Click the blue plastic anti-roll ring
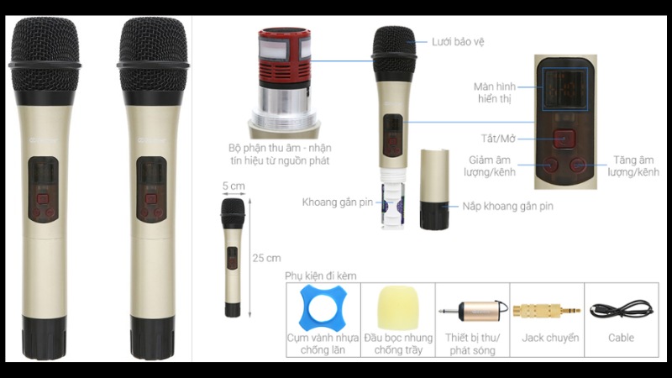point(323,309)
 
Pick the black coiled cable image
point(621,308)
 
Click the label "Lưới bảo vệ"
point(457,41)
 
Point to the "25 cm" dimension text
point(267,257)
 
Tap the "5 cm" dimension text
point(233,186)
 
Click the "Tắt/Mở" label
point(490,136)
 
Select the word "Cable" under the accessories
point(621,338)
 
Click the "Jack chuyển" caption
point(547,338)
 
